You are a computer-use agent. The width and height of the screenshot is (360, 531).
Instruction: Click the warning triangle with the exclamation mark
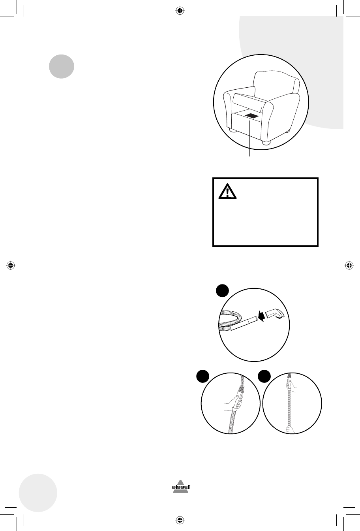227,191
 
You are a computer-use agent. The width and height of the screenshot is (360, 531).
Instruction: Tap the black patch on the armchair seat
251,116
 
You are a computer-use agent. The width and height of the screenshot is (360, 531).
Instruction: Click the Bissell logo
181,487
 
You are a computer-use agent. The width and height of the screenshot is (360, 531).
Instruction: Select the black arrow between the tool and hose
261,316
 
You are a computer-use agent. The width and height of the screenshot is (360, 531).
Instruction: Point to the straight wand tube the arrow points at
244,324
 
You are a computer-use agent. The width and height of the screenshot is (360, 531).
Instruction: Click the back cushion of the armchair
276,83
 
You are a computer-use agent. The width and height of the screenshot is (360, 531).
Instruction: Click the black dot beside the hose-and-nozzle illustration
222,291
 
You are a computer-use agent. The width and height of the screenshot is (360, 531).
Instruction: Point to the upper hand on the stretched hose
292,385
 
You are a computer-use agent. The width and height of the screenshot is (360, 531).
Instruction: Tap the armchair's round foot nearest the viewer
266,143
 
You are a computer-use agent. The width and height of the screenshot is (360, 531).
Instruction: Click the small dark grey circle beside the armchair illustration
62,66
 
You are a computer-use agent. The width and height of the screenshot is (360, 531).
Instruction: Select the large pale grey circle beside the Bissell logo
38,493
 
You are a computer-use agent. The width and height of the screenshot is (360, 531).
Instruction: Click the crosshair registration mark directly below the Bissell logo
180,520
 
